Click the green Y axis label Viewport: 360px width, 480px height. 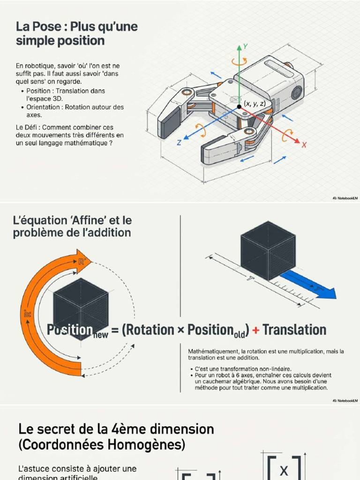[246, 46]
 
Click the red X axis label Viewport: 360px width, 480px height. [304, 145]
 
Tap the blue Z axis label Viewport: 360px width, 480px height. [179, 142]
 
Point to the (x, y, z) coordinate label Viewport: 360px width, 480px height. [255, 104]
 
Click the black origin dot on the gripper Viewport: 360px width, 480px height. [239, 106]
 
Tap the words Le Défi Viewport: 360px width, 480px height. [28, 127]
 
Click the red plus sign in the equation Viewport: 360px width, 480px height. [256, 330]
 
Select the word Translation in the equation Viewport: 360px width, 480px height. [294, 330]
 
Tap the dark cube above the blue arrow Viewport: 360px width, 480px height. [268, 251]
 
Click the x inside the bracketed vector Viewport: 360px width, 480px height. [284, 471]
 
